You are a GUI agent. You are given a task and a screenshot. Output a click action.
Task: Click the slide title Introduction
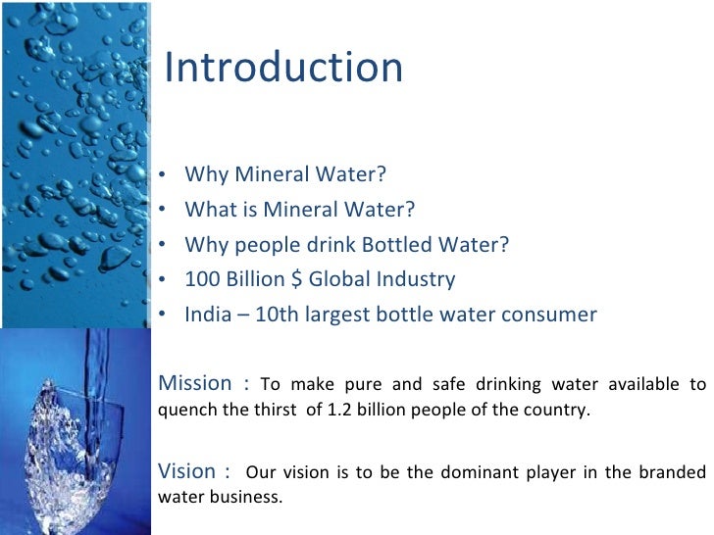tap(283, 68)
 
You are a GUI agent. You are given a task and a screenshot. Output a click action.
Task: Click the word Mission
tap(194, 382)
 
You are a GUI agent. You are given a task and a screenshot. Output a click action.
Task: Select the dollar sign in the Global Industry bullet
tap(296, 279)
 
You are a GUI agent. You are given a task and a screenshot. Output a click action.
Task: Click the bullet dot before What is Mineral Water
tap(160, 211)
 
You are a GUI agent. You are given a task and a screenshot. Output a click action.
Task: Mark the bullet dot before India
tap(160, 316)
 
